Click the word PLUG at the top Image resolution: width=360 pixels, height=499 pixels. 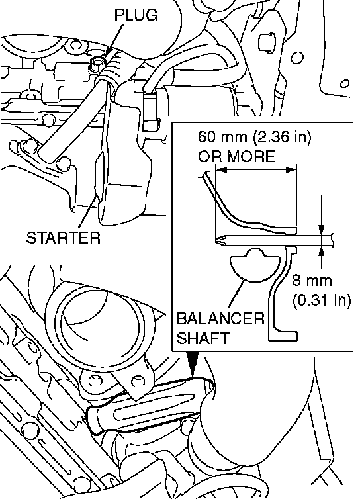click(136, 15)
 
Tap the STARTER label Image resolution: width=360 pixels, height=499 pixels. click(64, 238)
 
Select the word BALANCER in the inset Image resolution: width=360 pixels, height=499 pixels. click(220, 318)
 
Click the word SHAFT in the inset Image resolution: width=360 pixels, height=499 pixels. click(202, 338)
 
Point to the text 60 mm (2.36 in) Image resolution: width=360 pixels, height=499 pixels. click(254, 137)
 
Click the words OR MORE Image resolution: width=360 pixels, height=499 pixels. click(236, 156)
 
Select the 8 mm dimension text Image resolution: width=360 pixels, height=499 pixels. click(312, 281)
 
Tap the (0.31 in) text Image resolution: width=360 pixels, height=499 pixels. click(322, 300)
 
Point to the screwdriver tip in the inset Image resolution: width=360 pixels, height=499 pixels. click(220, 239)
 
